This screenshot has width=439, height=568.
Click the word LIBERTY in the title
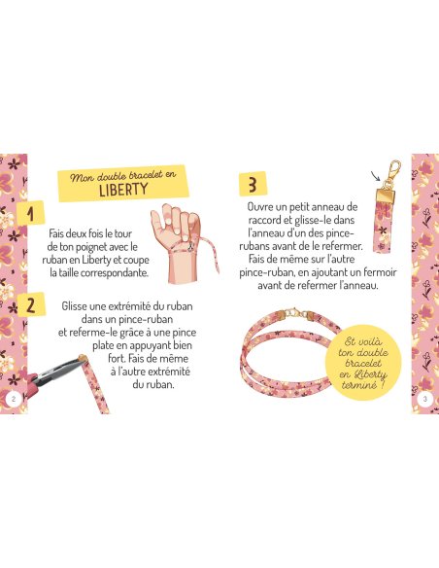click(x=123, y=189)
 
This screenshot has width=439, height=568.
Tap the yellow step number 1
click(x=32, y=213)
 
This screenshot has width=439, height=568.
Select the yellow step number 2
click(x=31, y=305)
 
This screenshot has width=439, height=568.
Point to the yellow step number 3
click(x=253, y=184)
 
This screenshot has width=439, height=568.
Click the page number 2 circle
click(x=14, y=399)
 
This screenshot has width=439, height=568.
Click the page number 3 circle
click(x=425, y=399)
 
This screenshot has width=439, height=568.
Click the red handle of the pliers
click(x=35, y=383)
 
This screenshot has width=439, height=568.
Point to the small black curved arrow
click(x=375, y=176)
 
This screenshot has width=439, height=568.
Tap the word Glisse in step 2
click(x=74, y=306)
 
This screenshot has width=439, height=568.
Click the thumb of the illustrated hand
click(x=157, y=221)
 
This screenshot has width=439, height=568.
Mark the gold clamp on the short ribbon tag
click(x=387, y=195)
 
